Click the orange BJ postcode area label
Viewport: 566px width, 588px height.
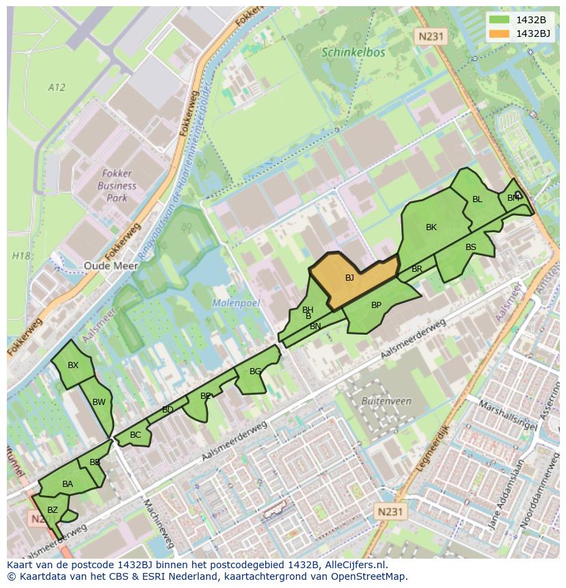pos(349,278)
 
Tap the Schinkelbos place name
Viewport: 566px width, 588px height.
pos(353,53)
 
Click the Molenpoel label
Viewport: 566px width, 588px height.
pos(236,303)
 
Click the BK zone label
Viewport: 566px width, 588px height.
pos(431,227)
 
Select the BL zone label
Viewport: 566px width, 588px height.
pos(477,199)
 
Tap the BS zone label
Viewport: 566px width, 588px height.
pos(471,247)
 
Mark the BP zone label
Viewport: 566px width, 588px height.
pos(376,305)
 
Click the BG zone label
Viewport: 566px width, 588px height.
pos(255,372)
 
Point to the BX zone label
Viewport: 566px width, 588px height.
pos(73,365)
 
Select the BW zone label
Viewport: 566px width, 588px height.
pos(99,402)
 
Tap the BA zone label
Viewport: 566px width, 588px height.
pos(68,484)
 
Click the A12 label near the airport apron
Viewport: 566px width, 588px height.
pos(57,87)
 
